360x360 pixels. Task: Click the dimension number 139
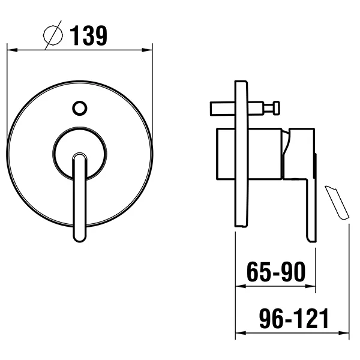click(x=88, y=35)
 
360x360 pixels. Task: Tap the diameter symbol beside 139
click(x=53, y=35)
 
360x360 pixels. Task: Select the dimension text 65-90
click(x=276, y=272)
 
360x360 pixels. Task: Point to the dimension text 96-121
click(x=294, y=319)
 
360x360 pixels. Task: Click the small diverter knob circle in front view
click(x=80, y=108)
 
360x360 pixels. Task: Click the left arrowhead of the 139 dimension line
click(x=12, y=50)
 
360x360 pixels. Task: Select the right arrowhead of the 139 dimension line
click(x=147, y=50)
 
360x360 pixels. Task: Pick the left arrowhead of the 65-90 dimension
click(x=241, y=286)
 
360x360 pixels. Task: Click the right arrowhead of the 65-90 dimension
click(x=310, y=286)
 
